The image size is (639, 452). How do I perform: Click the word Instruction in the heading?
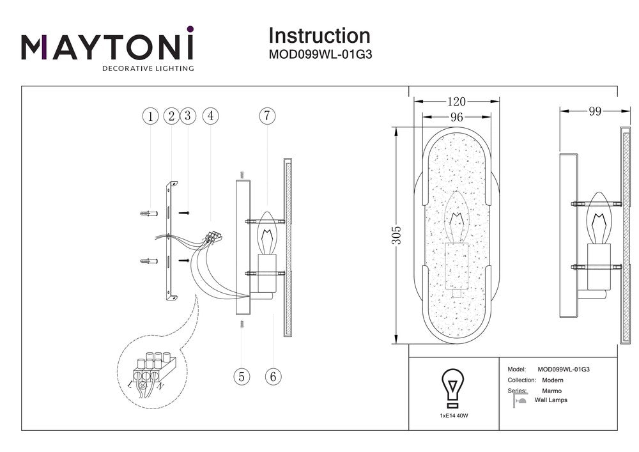[x=319, y=36]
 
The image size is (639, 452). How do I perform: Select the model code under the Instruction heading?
[x=320, y=55]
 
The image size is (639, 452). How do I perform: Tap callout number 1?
[x=150, y=116]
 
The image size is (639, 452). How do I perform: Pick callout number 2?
[x=170, y=116]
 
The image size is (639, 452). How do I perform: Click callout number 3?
[x=187, y=116]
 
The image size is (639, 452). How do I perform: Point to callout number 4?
[x=210, y=116]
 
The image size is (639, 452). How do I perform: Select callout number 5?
[x=241, y=376]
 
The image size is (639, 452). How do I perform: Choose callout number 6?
[x=273, y=376]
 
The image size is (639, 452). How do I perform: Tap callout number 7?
[x=267, y=116]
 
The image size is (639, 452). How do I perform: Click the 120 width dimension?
[x=456, y=102]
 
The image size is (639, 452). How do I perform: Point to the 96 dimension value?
[x=456, y=117]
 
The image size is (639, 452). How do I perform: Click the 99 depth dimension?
[x=594, y=111]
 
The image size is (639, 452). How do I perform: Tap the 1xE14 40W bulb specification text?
[x=454, y=416]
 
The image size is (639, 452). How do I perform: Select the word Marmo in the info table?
[x=552, y=390]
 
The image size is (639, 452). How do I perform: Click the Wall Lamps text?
[x=550, y=400]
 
